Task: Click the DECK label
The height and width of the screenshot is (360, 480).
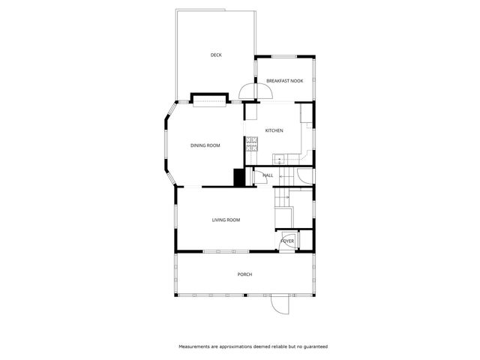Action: [216, 55]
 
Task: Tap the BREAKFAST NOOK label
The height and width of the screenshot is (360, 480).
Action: [284, 80]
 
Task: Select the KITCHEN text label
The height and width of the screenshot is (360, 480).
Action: [274, 131]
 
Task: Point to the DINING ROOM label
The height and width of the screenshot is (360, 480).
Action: [205, 145]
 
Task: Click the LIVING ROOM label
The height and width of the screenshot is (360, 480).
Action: [226, 220]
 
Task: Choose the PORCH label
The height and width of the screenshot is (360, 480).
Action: [244, 274]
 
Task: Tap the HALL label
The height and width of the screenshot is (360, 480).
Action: [267, 175]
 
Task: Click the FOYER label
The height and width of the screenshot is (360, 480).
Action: [286, 241]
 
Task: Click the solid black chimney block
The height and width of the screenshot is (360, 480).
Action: [239, 177]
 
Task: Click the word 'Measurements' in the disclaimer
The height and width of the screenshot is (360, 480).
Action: [197, 346]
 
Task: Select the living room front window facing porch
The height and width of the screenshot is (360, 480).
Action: [226, 251]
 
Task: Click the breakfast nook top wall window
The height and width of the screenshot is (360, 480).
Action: [284, 57]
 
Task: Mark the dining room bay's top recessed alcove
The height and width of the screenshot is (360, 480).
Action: [209, 99]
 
